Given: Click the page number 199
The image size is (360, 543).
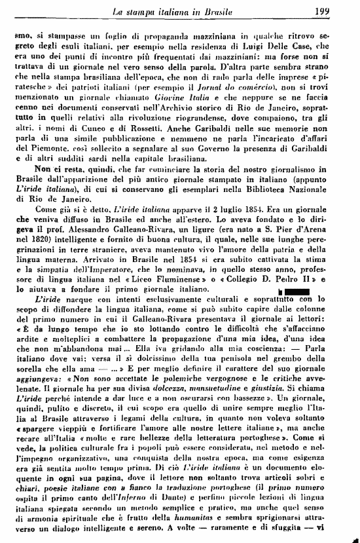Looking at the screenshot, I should point(340,10).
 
